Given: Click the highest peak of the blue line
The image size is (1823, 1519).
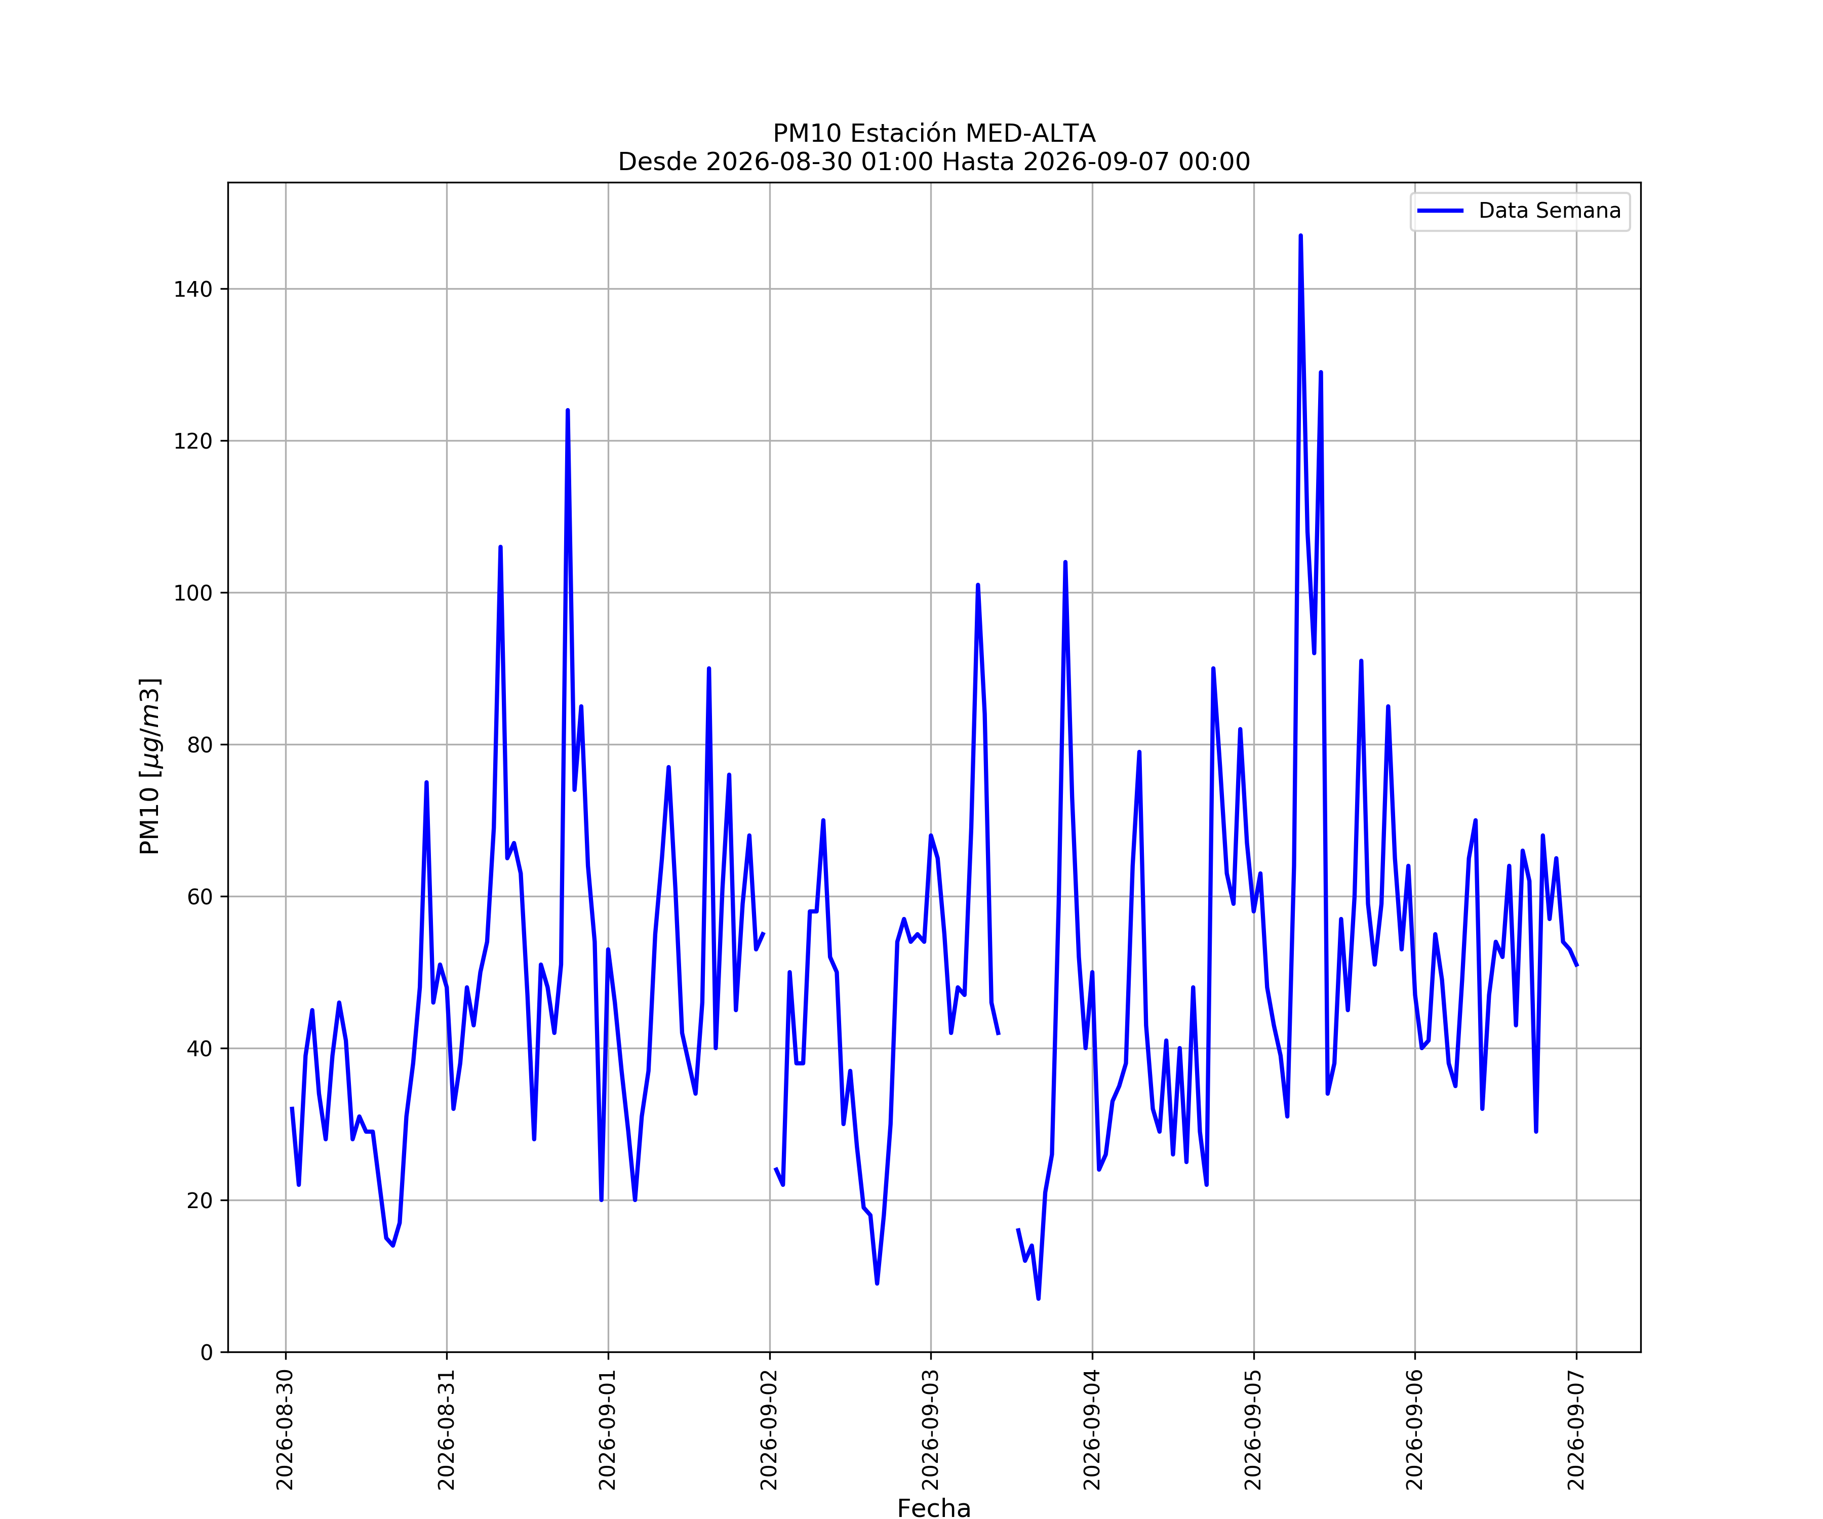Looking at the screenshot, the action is pyautogui.click(x=1300, y=236).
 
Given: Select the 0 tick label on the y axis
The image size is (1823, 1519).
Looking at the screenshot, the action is pyautogui.click(x=207, y=1352).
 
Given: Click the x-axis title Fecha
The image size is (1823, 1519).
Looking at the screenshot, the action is pyautogui.click(x=934, y=1508).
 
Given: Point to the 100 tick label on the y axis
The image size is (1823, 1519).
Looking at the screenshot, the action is pyautogui.click(x=193, y=593).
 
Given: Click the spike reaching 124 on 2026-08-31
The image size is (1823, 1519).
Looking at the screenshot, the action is pyautogui.click(x=568, y=411).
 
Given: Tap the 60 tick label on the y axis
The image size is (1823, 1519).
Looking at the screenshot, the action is pyautogui.click(x=200, y=897).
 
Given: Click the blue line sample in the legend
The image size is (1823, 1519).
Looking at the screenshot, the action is pyautogui.click(x=1440, y=211).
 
